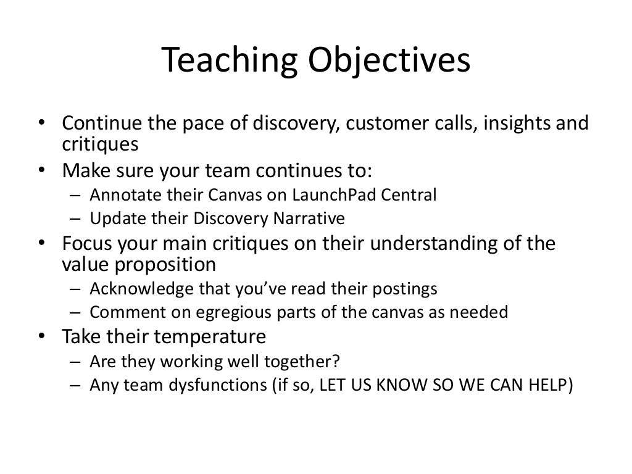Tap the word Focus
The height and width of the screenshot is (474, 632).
[86, 243]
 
